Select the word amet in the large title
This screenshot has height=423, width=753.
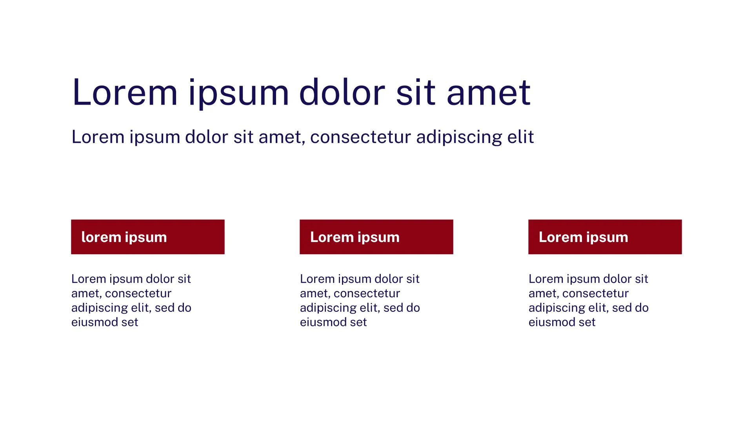tap(489, 93)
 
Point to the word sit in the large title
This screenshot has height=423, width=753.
tap(416, 92)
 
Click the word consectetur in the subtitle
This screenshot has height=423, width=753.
tap(361, 137)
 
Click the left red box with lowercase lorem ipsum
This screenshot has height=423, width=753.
tap(148, 237)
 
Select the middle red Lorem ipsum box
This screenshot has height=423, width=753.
tap(376, 237)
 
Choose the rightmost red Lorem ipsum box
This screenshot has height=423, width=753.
tap(605, 237)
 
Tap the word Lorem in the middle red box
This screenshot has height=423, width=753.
tap(332, 237)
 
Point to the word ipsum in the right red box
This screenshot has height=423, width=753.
tap(607, 237)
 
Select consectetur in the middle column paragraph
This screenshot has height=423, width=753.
tap(367, 293)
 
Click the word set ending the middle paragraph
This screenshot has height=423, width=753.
tap(358, 322)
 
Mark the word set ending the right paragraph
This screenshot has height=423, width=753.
tap(587, 322)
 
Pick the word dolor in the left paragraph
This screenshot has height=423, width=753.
tap(160, 279)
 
